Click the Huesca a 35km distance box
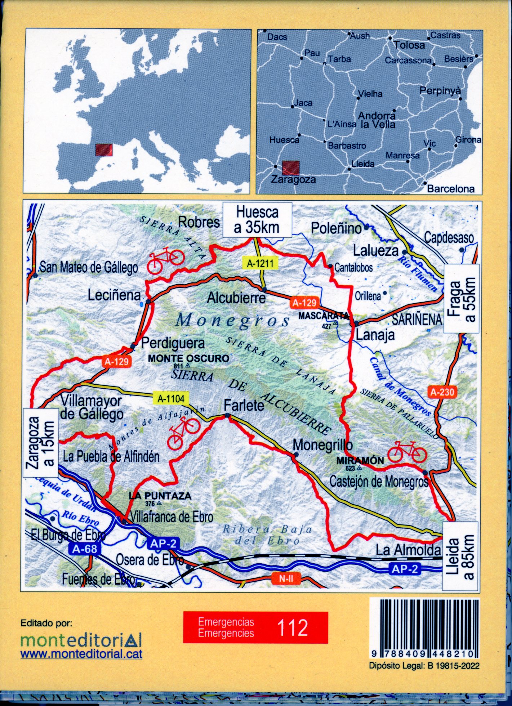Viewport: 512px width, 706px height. (257, 220)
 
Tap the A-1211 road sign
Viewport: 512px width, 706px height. (261, 264)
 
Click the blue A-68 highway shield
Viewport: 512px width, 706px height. (81, 549)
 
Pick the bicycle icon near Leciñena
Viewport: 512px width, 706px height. (165, 259)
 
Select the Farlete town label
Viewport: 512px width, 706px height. (244, 406)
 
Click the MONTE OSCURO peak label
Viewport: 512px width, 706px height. (188, 358)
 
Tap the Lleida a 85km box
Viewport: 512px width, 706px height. (460, 556)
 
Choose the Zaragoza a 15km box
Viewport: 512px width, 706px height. (41, 442)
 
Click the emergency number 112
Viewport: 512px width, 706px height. (293, 627)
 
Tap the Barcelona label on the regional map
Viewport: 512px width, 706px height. (450, 189)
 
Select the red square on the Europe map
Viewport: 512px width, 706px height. (104, 150)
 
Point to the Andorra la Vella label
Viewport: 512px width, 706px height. (377, 120)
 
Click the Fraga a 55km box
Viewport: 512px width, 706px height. (462, 299)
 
